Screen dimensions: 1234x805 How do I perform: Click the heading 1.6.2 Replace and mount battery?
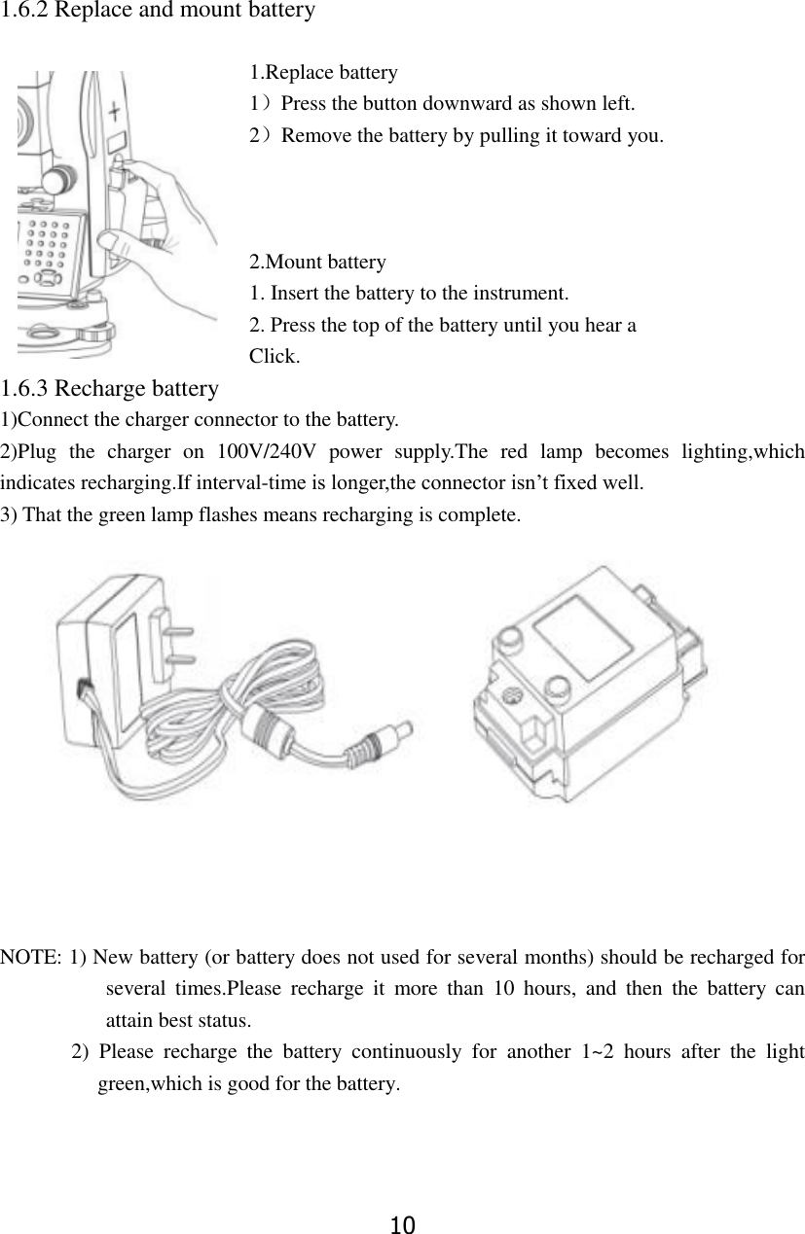tap(158, 12)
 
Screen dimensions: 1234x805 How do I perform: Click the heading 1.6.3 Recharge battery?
tap(109, 389)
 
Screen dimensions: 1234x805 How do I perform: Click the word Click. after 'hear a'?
tap(274, 356)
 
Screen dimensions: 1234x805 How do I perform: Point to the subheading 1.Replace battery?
tap(322, 73)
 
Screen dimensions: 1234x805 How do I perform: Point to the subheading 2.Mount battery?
tap(317, 262)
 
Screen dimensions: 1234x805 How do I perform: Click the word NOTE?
tap(32, 958)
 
